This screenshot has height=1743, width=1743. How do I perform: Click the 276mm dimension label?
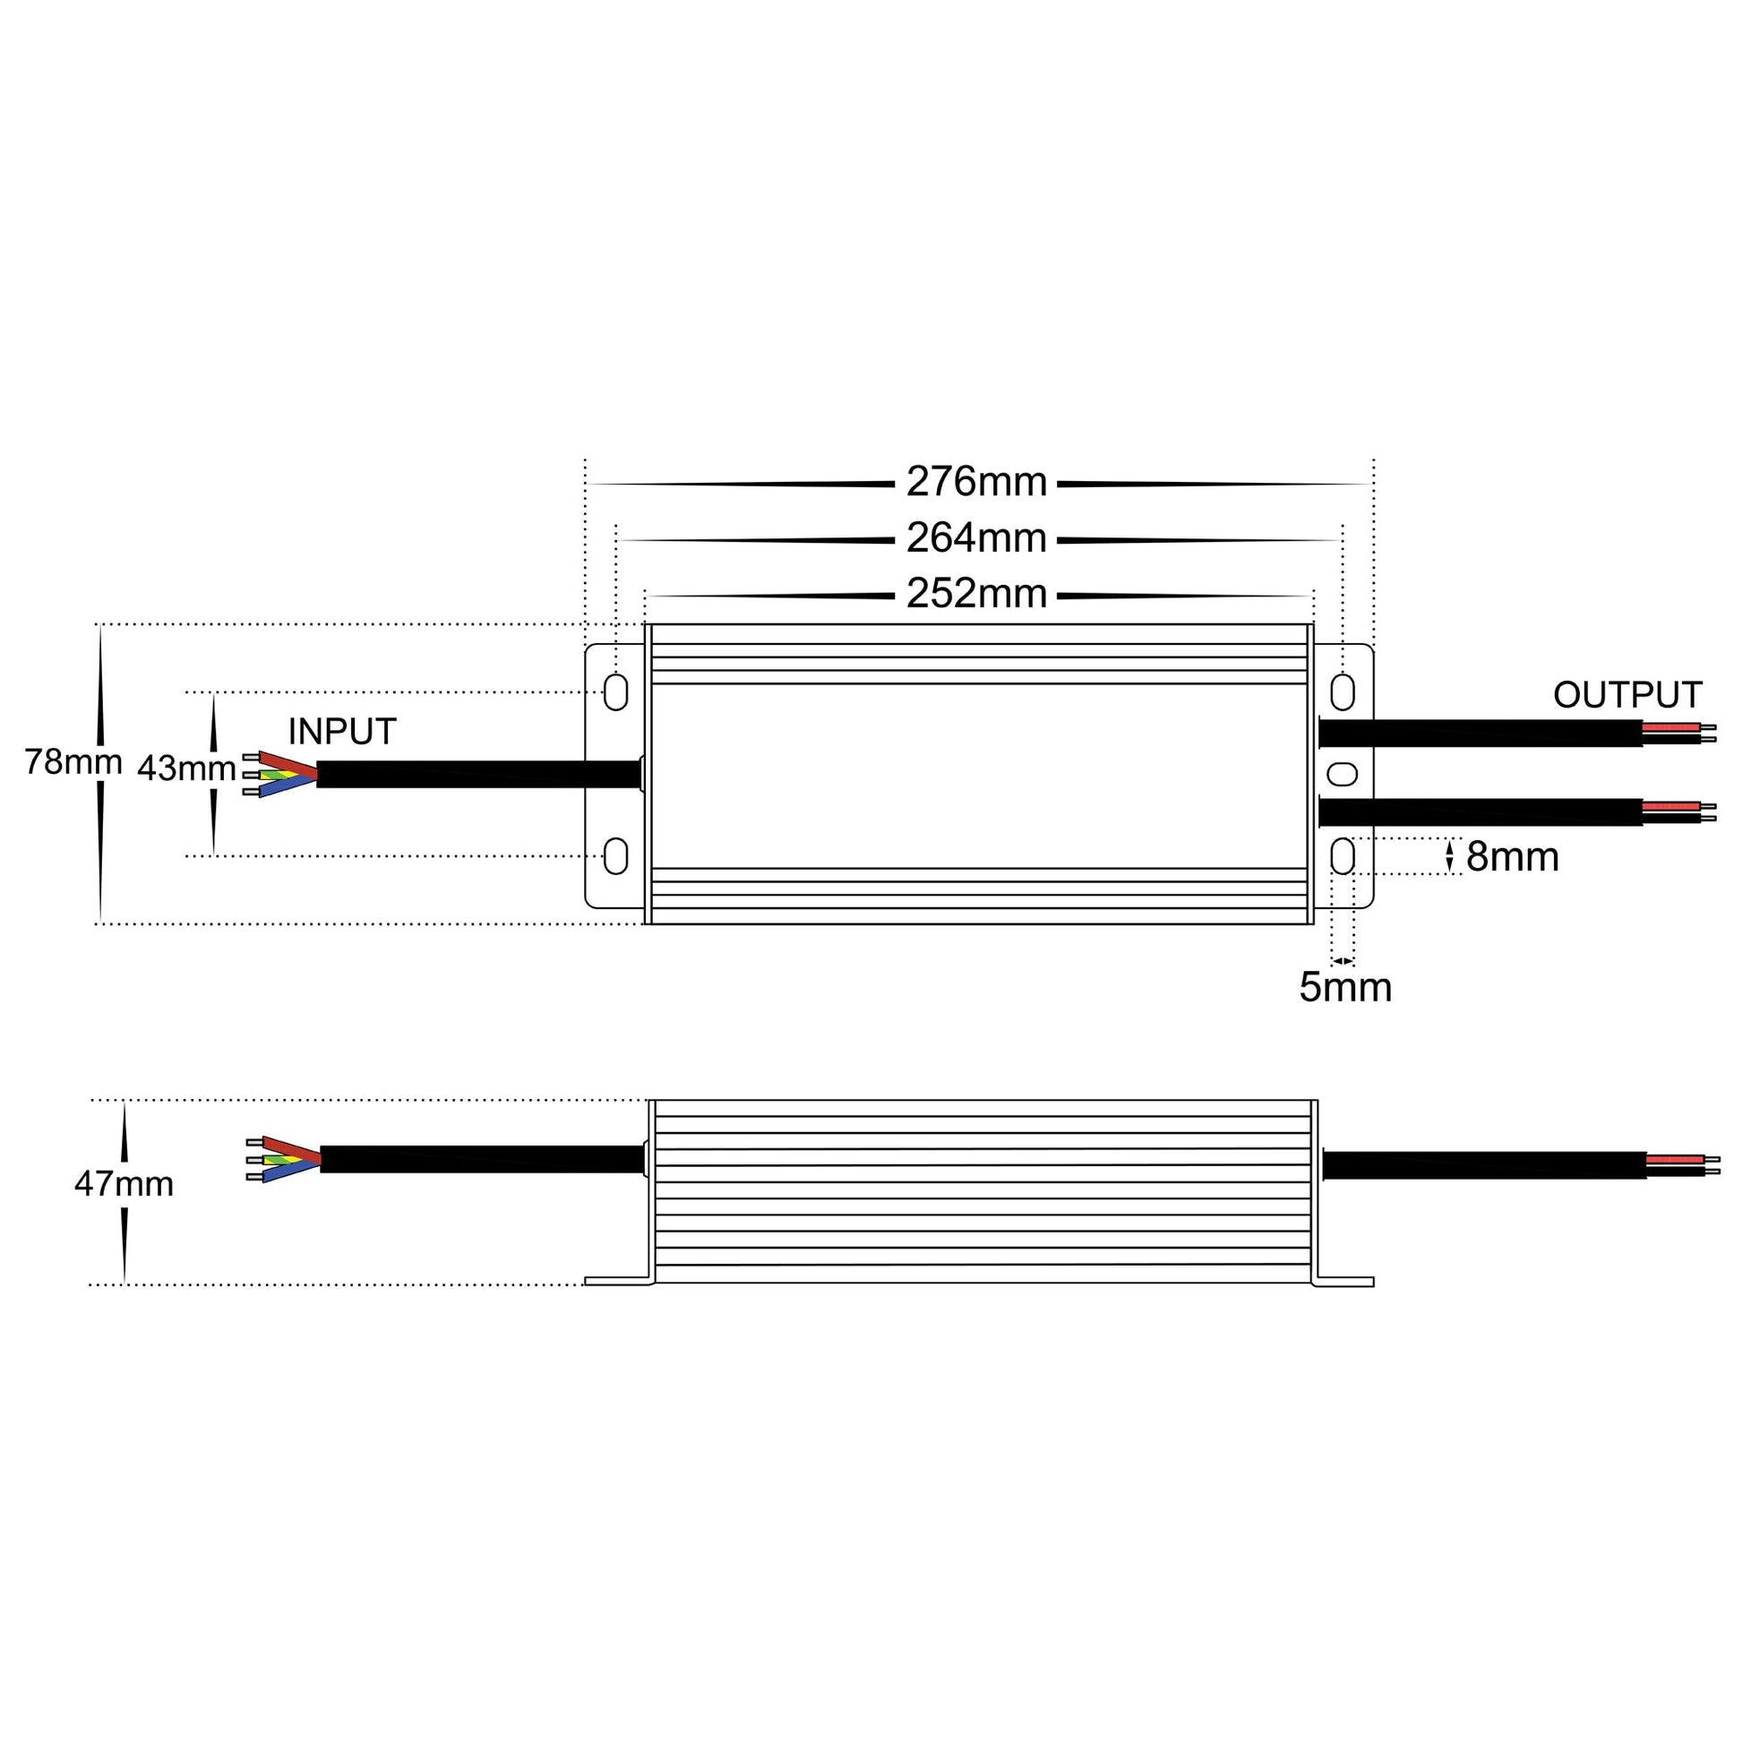point(976,482)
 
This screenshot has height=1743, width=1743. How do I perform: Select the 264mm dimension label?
point(976,537)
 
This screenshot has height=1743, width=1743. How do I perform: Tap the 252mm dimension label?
point(976,594)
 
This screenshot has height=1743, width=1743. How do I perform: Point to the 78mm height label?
point(73,762)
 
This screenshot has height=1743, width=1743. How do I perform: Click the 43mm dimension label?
point(186,768)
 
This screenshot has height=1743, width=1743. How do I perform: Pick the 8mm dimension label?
point(1513,856)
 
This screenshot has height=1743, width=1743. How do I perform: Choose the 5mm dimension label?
point(1345,987)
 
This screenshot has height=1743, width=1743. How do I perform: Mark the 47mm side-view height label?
point(124,1184)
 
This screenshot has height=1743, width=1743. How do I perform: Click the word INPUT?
point(342,732)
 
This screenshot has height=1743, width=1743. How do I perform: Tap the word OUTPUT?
point(1627,695)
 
